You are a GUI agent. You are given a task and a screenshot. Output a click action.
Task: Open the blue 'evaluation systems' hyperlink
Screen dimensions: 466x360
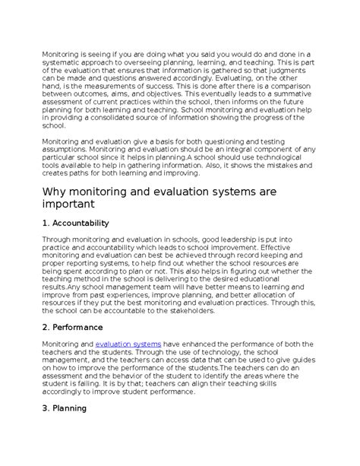[128, 344]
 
